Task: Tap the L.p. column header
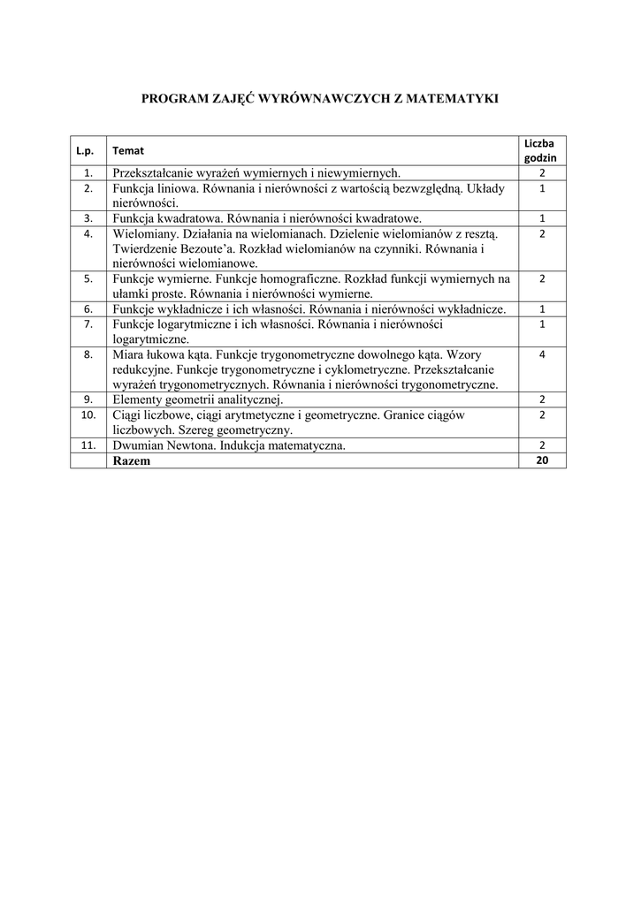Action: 88,150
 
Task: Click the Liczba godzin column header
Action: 541,149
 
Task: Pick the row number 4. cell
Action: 88,234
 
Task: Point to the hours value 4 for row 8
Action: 541,354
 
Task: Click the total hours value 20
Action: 541,460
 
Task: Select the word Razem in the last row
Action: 132,460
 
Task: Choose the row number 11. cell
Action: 88,445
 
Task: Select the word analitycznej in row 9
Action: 238,399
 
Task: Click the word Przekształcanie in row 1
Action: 156,173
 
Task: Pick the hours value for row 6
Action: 541,309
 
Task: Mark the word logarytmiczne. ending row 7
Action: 151,338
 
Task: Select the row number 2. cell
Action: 88,188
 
